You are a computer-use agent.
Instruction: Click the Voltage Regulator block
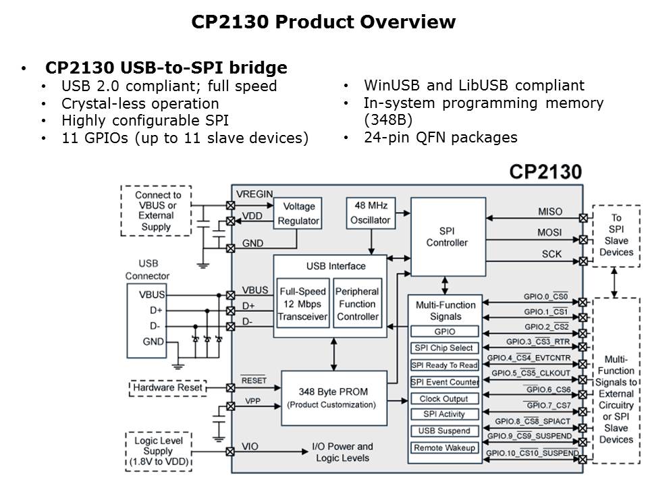tap(299, 213)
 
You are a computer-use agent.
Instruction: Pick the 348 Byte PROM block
tap(331, 397)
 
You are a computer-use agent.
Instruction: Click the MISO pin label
tap(549, 211)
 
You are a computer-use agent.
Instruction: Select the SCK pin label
tap(551, 254)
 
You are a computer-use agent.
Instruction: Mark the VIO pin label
tap(250, 446)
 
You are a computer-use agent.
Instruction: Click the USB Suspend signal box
tap(444, 431)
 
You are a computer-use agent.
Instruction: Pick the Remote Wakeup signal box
tap(444, 448)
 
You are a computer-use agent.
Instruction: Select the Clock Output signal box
tap(444, 398)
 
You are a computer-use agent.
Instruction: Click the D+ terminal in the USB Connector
tap(156, 310)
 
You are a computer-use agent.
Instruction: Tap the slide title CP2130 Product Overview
tap(323, 22)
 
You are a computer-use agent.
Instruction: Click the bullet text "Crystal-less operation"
tap(140, 103)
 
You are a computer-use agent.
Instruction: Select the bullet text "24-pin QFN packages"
tap(440, 137)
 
